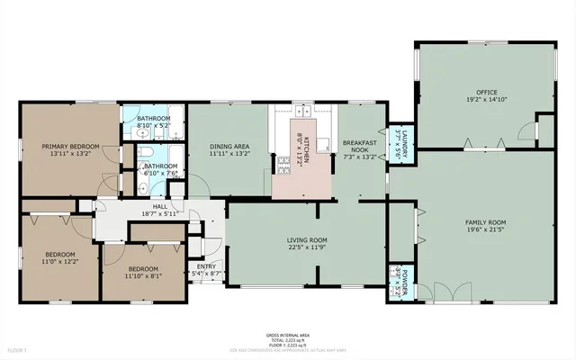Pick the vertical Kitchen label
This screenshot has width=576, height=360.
pos(306,146)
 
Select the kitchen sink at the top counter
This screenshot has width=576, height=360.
pos(303,112)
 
